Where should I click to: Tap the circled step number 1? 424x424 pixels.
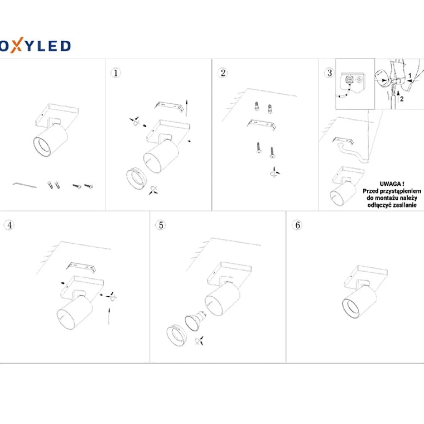point(116,73)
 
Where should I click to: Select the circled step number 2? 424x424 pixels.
point(223,73)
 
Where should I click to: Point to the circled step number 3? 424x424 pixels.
point(329,73)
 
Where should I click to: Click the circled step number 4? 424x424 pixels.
point(9,225)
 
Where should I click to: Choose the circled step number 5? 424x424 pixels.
point(161,225)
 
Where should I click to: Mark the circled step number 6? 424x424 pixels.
point(297,225)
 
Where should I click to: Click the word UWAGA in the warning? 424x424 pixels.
point(390,184)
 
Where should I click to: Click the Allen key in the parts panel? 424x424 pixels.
point(24,185)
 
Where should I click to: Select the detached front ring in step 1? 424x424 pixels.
point(137,179)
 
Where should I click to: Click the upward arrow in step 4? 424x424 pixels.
point(109,316)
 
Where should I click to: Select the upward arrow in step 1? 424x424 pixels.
point(187,108)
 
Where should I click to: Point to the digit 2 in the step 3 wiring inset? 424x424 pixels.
point(402,99)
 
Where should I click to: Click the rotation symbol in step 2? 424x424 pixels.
point(274,172)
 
